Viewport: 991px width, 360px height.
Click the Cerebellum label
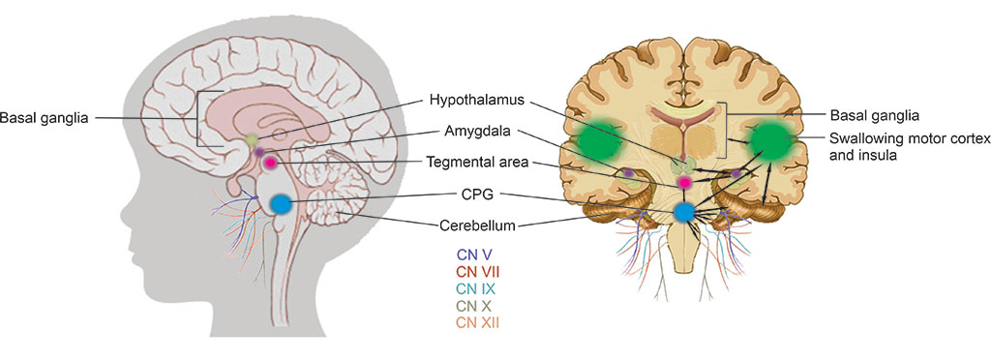[476, 225]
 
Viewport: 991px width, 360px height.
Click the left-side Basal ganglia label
[45, 119]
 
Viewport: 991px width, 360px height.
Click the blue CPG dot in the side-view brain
[281, 204]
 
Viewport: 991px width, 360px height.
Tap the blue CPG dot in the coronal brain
[685, 212]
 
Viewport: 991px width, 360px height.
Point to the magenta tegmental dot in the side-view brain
[272, 163]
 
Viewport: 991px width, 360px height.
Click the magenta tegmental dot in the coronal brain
[685, 181]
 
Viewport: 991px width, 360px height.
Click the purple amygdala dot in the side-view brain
[259, 153]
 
